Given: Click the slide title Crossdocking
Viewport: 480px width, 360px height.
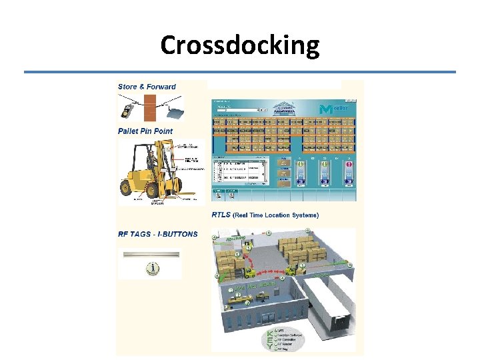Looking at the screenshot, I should pos(240,45).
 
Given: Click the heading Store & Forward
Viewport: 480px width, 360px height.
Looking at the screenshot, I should pos(147,87).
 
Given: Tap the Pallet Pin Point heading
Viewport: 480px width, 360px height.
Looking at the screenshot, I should pos(145,131).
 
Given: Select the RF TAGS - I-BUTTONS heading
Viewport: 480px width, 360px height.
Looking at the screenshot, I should pos(158,234).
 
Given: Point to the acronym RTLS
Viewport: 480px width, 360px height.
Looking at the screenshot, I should pos(222,215).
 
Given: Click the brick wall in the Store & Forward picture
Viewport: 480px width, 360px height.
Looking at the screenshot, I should pos(150,106).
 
